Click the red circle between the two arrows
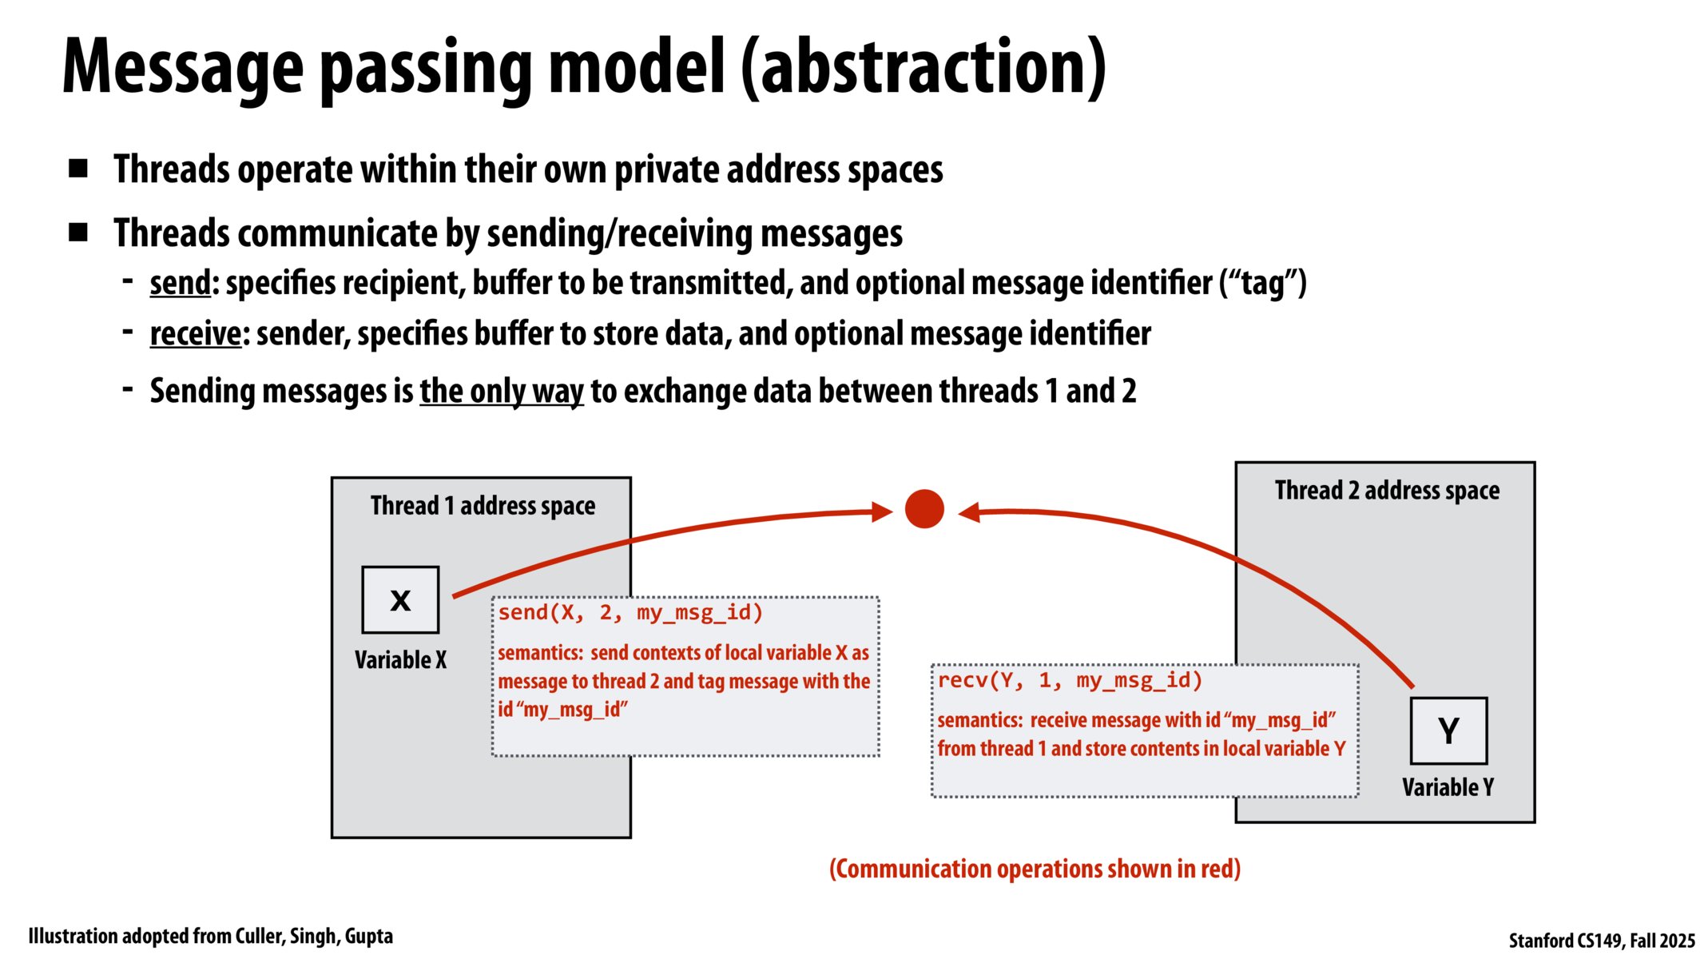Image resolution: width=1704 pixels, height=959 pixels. [x=924, y=509]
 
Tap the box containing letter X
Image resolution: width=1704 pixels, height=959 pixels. [x=400, y=600]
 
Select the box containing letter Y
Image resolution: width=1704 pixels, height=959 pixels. [x=1448, y=731]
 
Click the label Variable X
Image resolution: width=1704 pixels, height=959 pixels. [x=400, y=660]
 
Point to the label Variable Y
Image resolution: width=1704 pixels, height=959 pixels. [x=1448, y=787]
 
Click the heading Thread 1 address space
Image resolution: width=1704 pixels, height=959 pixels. [x=483, y=506]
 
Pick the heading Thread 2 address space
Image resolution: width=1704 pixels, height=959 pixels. [x=1387, y=490]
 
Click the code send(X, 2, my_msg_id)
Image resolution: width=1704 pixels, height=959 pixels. [x=630, y=613]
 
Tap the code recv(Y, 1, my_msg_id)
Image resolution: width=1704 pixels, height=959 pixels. [x=1070, y=681]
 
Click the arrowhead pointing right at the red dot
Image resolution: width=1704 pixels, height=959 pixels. [x=882, y=512]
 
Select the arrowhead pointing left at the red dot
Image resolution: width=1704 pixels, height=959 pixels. [x=969, y=512]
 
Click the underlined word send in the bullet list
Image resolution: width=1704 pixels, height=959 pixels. [x=180, y=283]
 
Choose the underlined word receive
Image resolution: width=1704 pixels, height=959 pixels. [x=195, y=334]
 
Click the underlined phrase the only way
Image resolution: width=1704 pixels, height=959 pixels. [x=502, y=392]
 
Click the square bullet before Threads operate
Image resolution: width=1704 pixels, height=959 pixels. [x=78, y=169]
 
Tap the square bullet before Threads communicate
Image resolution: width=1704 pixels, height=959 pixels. [x=78, y=233]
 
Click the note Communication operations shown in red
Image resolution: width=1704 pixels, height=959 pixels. [x=1035, y=869]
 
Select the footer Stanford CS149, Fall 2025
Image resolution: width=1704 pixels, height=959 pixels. [x=1601, y=941]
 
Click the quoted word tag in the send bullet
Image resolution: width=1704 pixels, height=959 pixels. [x=1263, y=283]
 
